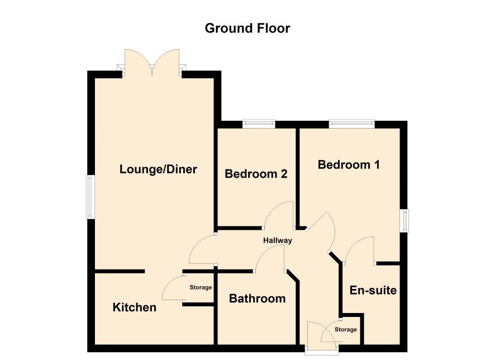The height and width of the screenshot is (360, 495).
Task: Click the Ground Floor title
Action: (x=247, y=28)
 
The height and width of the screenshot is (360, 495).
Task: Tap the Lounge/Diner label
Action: (x=158, y=169)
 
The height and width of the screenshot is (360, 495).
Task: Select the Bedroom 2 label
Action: (x=256, y=174)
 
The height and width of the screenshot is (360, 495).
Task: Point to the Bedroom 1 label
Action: (x=349, y=164)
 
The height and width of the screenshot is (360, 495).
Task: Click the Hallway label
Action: (x=278, y=240)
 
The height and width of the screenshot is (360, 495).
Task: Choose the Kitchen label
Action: (x=135, y=307)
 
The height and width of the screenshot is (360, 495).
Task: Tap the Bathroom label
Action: (x=258, y=299)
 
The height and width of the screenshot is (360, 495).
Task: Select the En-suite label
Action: (x=373, y=290)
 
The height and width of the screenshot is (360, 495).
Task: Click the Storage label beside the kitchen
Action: (x=201, y=287)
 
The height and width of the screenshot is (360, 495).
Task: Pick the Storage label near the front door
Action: (x=346, y=329)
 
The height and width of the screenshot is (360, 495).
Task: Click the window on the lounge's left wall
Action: (x=91, y=197)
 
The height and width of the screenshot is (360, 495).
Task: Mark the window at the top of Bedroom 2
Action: (x=259, y=124)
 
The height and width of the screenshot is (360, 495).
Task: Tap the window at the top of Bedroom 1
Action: (x=351, y=124)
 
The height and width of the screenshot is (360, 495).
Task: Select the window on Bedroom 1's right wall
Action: (x=404, y=220)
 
